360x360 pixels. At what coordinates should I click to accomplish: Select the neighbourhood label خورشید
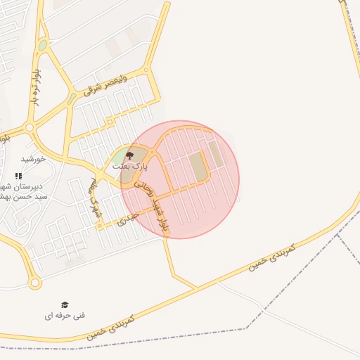32,159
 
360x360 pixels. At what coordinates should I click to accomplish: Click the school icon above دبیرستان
18,176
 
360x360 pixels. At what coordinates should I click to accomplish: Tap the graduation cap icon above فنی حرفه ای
65,304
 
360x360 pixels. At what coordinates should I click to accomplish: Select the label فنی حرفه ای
65,316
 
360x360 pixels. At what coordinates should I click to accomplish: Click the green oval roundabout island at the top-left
43,45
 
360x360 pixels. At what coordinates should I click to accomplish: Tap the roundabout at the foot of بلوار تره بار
30,128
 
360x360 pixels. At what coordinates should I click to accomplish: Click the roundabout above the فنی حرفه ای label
34,283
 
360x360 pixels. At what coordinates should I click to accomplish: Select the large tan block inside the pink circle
198,167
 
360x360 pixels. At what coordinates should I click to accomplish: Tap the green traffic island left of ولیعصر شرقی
72,98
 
